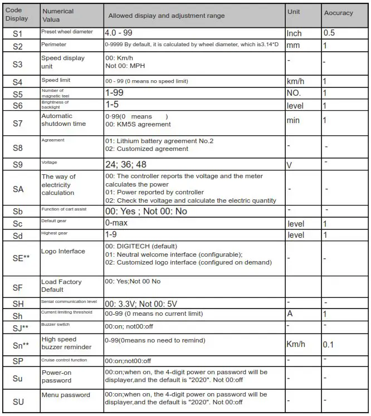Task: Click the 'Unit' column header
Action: [x=293, y=12]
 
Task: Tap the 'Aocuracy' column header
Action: [x=339, y=13]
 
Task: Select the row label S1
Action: [x=18, y=33]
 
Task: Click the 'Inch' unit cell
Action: [x=294, y=33]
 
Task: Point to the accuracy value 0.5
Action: [x=329, y=33]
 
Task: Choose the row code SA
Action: [x=18, y=189]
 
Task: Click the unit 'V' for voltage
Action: [x=289, y=165]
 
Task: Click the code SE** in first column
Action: [x=21, y=258]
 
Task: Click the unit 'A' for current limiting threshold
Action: [x=290, y=314]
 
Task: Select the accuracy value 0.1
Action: [x=329, y=345]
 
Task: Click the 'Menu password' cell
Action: [x=65, y=395]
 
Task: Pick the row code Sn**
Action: [x=21, y=345]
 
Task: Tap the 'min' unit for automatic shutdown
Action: [x=293, y=120]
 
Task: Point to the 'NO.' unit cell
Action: [x=294, y=93]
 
